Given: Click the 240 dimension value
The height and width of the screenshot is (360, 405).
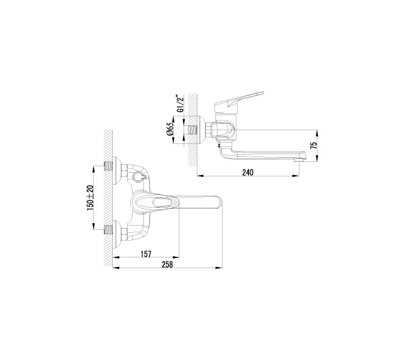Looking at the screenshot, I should [248, 172].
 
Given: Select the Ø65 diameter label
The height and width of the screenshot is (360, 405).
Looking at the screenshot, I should [170, 131].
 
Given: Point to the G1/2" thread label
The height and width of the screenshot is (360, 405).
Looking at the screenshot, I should [178, 104].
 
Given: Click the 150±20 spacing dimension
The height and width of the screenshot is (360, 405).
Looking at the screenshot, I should [91, 197].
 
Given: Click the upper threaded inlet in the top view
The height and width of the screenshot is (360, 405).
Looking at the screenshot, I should [109, 165].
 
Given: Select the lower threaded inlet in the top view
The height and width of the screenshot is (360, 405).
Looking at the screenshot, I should [109, 227].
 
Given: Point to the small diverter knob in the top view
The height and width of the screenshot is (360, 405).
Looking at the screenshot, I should [139, 178].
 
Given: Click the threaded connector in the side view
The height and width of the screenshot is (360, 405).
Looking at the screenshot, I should [192, 130].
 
